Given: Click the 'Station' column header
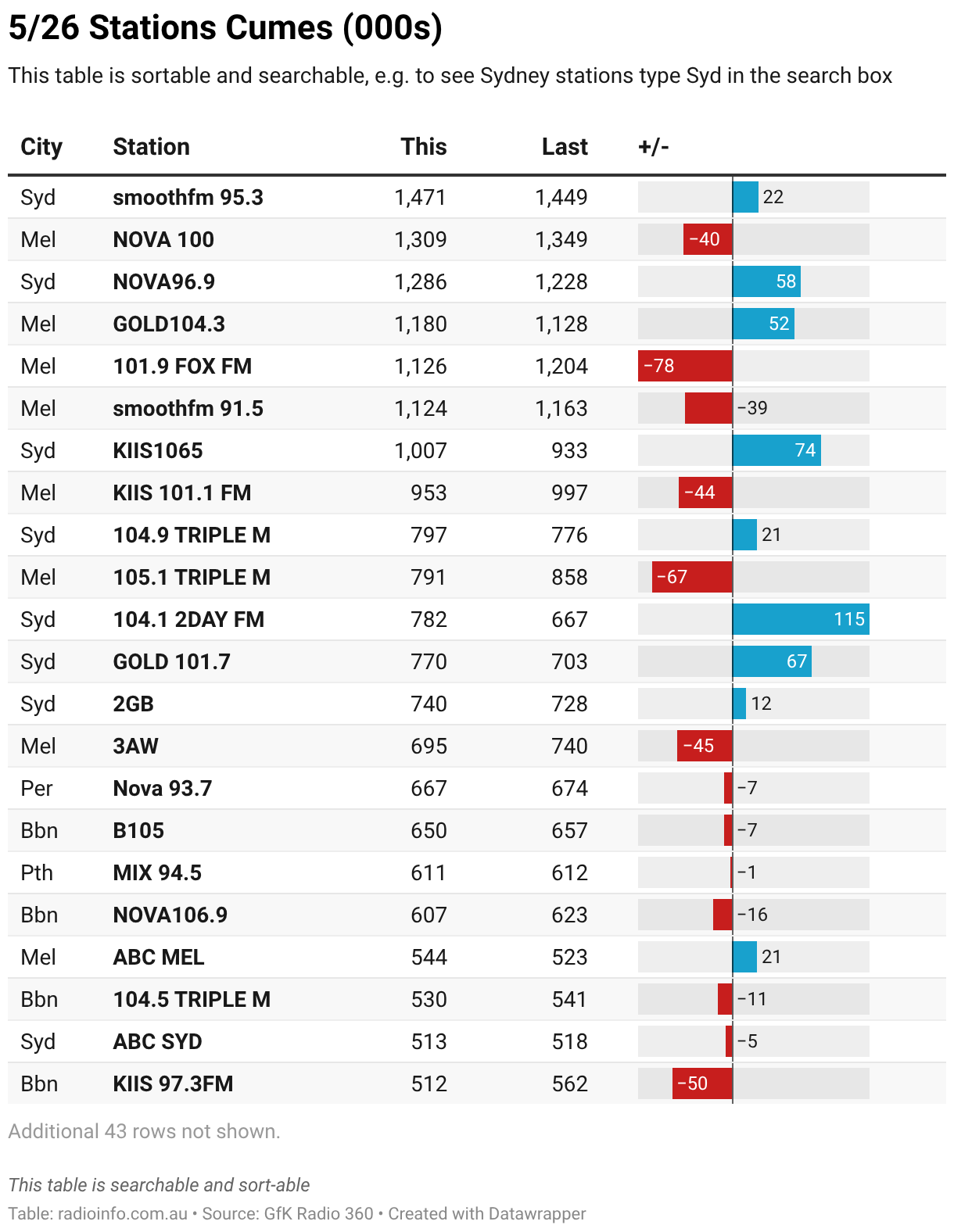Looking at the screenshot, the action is pos(151,147).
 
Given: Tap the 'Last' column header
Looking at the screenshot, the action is pos(565,147).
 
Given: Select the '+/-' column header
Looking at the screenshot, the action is pos(653,147).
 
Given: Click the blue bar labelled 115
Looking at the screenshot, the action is pos(801,619).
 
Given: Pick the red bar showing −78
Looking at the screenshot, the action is pos(685,366).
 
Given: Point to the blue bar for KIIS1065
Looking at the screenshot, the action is pos(776,450).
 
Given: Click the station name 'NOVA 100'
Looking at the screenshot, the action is pos(163,239).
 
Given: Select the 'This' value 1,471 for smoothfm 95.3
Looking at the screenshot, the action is pos(420,197).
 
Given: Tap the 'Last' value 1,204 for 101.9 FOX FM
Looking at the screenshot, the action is pos(561,367).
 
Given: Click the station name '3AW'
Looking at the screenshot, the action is pos(135,746).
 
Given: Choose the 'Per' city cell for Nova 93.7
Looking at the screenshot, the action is pos(36,788).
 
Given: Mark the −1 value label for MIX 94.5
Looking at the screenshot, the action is pos(747,872).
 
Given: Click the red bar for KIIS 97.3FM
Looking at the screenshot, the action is pos(702,1083).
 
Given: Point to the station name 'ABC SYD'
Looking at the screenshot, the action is pos(157,1041).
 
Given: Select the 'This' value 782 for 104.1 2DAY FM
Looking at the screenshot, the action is pos(429,619).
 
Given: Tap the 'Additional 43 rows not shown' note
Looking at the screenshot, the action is pos(144,1131).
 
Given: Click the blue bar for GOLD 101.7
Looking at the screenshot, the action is pos(772,661).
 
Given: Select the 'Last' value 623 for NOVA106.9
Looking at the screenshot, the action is pos(569,915).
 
